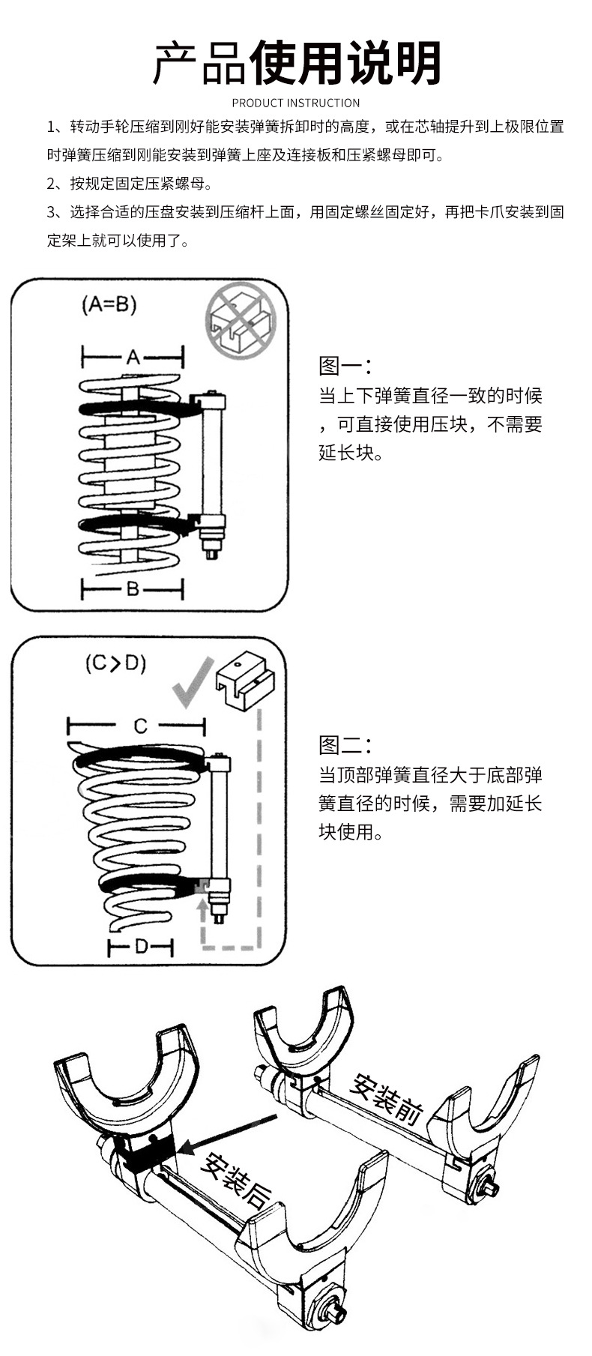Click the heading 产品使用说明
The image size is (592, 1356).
pyautogui.click(x=296, y=63)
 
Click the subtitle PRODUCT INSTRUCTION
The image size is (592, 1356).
pyautogui.click(x=296, y=103)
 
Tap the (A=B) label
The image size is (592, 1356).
pyautogui.click(x=109, y=304)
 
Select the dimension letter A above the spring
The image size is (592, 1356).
pyautogui.click(x=133, y=357)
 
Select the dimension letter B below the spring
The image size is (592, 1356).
pyautogui.click(x=133, y=589)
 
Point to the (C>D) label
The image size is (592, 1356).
pyautogui.click(x=115, y=663)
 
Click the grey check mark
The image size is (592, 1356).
pyautogui.click(x=191, y=683)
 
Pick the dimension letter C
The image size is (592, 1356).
pyautogui.click(x=140, y=726)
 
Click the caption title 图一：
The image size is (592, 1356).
pyautogui.click(x=345, y=366)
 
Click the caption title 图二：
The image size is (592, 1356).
pyautogui.click(x=345, y=746)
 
